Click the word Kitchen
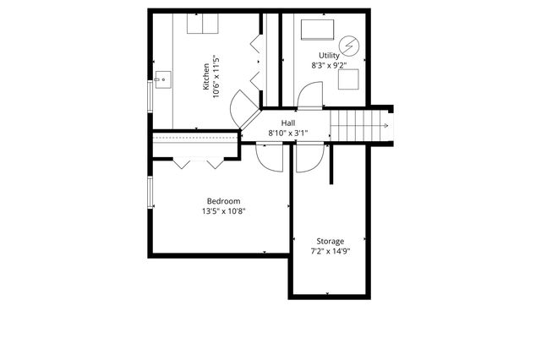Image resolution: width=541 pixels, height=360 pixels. point(205,78)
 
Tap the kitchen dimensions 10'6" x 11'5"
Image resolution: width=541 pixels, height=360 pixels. point(216,78)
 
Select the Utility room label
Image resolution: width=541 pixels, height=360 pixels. point(329,55)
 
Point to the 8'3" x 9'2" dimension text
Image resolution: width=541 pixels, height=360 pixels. point(329,65)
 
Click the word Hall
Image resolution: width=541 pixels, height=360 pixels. point(288,123)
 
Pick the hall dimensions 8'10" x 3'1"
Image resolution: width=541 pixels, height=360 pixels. point(288,134)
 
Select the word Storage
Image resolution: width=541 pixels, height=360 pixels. point(330,241)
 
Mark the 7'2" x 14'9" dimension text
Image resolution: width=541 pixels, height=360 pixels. point(330,251)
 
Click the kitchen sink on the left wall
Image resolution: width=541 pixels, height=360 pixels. point(162,80)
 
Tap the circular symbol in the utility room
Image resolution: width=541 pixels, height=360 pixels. point(349,44)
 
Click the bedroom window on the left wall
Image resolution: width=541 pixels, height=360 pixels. point(150,194)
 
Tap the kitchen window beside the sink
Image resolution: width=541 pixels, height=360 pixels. point(150,92)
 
